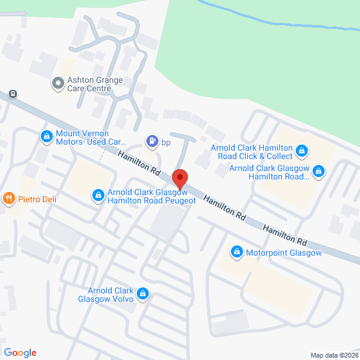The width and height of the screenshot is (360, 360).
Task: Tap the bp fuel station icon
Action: click(152, 142)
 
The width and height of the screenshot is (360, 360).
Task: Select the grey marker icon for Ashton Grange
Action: click(58, 83)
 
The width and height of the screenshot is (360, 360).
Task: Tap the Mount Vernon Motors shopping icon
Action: click(46, 137)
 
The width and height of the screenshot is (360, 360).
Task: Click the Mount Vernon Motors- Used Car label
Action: click(91, 138)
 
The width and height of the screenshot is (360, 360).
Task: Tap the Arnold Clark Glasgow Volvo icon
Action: click(143, 293)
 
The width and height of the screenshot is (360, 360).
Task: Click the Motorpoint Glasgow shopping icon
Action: click(238, 252)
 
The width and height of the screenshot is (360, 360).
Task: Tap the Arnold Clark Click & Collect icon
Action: click(303, 151)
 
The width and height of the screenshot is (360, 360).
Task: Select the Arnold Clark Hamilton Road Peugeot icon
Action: click(97, 196)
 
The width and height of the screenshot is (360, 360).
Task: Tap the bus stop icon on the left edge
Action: click(13, 94)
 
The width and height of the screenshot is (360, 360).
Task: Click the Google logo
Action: click(20, 353)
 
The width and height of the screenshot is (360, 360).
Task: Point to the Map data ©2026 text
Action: click(333, 355)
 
